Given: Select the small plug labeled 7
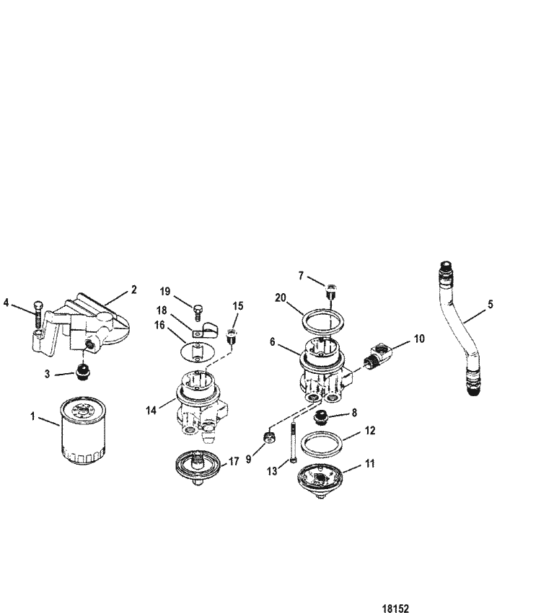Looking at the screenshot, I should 331,292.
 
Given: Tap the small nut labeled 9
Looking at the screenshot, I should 269,439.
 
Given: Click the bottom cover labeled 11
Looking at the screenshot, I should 325,478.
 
